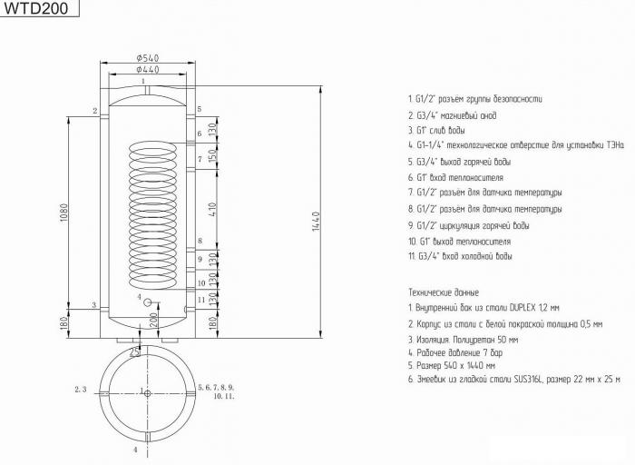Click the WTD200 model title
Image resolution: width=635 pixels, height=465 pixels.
pyautogui.click(x=36, y=8)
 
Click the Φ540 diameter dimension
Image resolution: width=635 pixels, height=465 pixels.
pyautogui.click(x=148, y=58)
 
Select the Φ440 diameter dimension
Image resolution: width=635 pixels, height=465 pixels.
pyautogui.click(x=148, y=69)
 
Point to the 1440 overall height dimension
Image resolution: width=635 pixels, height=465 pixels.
pyautogui.click(x=317, y=222)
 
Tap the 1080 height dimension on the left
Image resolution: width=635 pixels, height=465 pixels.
pyautogui.click(x=63, y=213)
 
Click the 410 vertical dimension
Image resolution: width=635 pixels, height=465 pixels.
pyautogui.click(x=213, y=209)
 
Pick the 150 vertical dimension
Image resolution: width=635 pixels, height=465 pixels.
pyautogui.click(x=213, y=155)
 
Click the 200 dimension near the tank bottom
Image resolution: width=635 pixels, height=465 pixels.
pyautogui.click(x=153, y=321)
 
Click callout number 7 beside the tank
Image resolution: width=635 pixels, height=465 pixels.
pyautogui.click(x=200, y=159)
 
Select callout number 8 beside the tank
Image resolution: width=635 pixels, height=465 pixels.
pyautogui.click(x=200, y=241)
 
